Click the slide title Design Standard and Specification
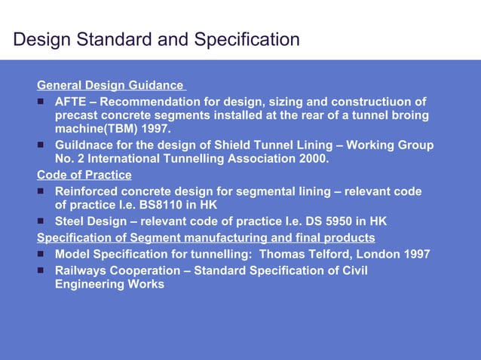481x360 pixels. point(156,39)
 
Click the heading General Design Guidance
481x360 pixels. point(110,85)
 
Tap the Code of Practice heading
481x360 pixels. point(84,175)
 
